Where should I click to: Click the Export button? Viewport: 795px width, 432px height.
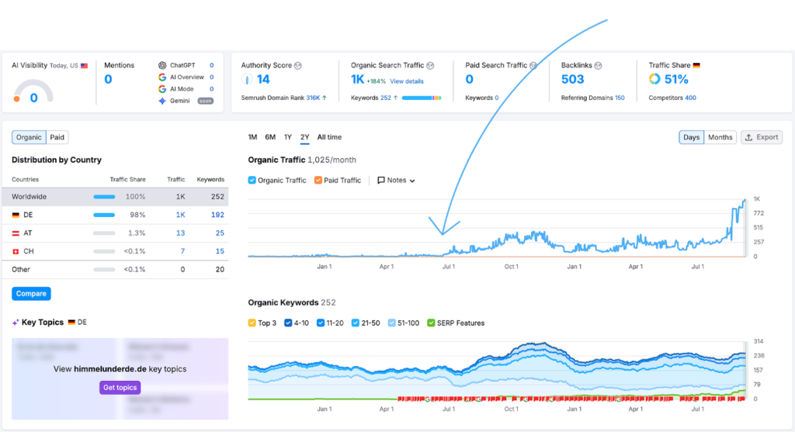[x=761, y=137]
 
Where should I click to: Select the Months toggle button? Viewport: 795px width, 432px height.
[x=720, y=137]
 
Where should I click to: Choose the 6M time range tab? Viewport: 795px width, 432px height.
[x=270, y=137]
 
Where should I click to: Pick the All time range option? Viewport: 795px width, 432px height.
[x=329, y=137]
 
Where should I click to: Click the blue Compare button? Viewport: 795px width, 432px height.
[x=31, y=293]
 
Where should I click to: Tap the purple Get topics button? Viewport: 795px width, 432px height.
[x=120, y=388]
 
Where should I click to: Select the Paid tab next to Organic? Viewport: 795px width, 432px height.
[x=57, y=137]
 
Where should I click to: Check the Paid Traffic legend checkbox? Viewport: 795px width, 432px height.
[x=318, y=180]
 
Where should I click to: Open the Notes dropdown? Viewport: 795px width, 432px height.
[x=396, y=180]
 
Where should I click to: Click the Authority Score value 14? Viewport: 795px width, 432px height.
[x=263, y=79]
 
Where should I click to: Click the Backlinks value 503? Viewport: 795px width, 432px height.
[x=572, y=79]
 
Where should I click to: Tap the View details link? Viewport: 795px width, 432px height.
[x=407, y=81]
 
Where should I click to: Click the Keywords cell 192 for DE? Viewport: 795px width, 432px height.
[x=217, y=215]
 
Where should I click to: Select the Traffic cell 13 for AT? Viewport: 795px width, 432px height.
[x=180, y=233]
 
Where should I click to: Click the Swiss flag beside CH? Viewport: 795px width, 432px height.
[x=16, y=251]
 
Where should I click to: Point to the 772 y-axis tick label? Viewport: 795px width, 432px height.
[x=758, y=213]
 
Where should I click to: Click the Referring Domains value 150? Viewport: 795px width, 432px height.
[x=620, y=98]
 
